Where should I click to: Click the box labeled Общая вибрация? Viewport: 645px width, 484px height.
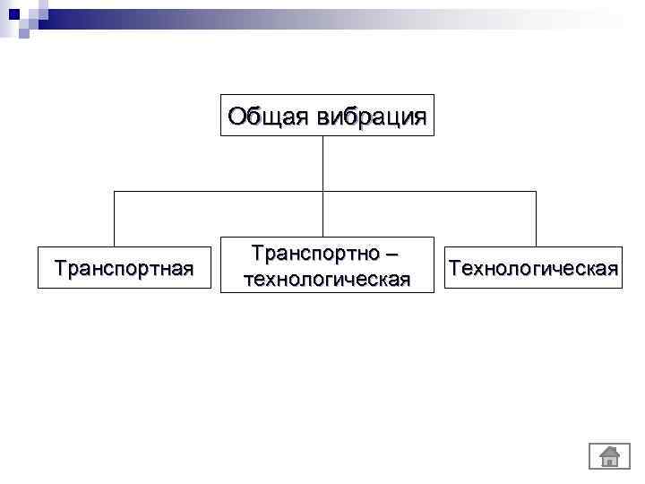(x=327, y=115)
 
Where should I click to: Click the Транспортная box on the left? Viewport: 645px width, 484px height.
(x=124, y=267)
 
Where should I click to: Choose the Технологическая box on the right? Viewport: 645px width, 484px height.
(x=534, y=267)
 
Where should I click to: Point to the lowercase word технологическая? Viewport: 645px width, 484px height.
(x=327, y=279)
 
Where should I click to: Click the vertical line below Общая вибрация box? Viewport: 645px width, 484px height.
(x=322, y=161)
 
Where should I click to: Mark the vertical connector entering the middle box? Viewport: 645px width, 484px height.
(x=322, y=215)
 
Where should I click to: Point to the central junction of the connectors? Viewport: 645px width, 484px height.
(x=322, y=191)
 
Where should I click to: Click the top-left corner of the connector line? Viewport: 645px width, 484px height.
(x=114, y=191)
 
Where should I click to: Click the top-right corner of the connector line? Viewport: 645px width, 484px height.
(x=536, y=191)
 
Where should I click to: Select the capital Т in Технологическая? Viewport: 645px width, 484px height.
(x=455, y=267)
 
